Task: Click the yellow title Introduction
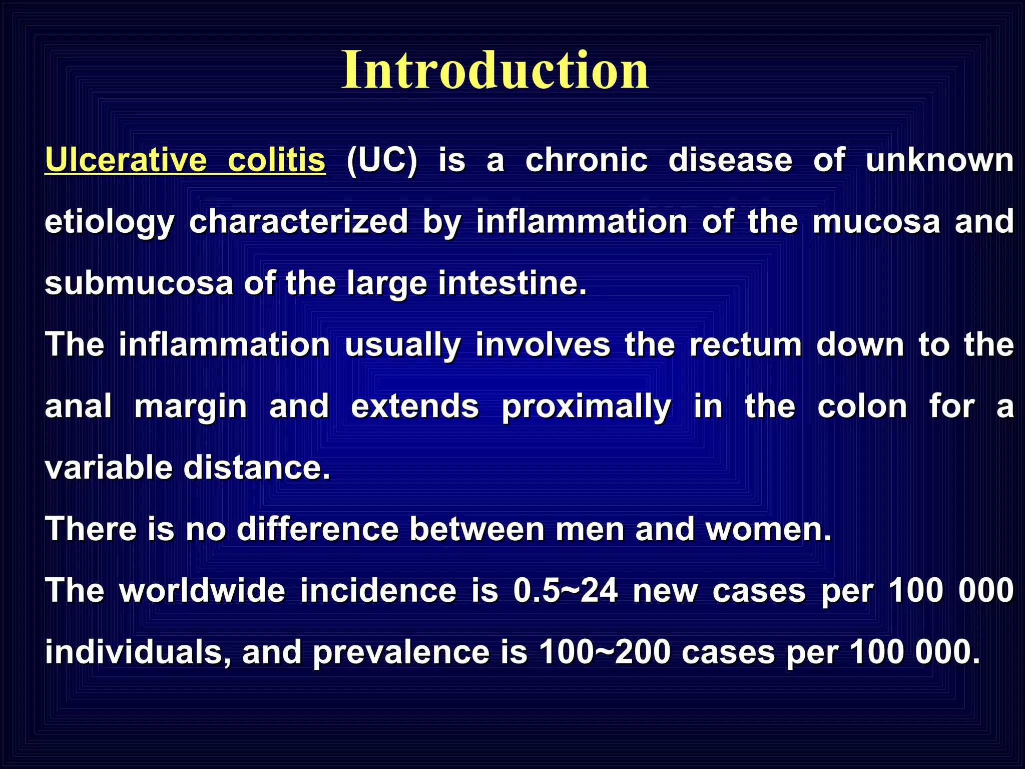click(495, 71)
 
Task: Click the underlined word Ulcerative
click(126, 161)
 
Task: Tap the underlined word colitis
click(276, 161)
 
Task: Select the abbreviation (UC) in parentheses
click(382, 161)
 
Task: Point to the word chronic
click(587, 161)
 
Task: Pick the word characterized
click(299, 222)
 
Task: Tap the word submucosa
click(139, 283)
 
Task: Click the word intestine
click(512, 283)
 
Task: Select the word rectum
click(746, 345)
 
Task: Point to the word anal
click(78, 406)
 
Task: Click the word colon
click(862, 406)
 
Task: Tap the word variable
click(108, 468)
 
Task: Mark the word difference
click(317, 529)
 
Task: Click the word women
click(768, 529)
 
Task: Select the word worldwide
click(202, 591)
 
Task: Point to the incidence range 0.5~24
click(566, 591)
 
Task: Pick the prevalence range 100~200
click(605, 652)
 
